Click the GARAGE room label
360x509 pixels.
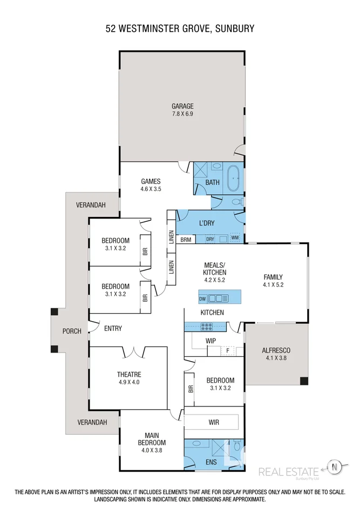tap(182, 106)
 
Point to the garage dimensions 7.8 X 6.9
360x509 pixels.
tap(182, 114)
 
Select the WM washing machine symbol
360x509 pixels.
tap(235, 238)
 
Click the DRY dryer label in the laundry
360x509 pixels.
tap(210, 239)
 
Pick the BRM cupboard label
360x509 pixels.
tap(186, 239)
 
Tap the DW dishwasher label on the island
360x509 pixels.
tap(202, 298)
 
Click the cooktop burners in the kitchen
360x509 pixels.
tap(207, 326)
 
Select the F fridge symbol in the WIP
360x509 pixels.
tap(228, 351)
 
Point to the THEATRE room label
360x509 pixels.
tap(129, 374)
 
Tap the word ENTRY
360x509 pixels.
tap(113, 328)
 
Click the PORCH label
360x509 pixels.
tap(72, 331)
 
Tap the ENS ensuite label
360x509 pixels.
tap(212, 463)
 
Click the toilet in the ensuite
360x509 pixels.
tap(236, 447)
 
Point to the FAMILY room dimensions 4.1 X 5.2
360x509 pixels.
tap(273, 284)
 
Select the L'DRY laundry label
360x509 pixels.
tap(208, 223)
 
